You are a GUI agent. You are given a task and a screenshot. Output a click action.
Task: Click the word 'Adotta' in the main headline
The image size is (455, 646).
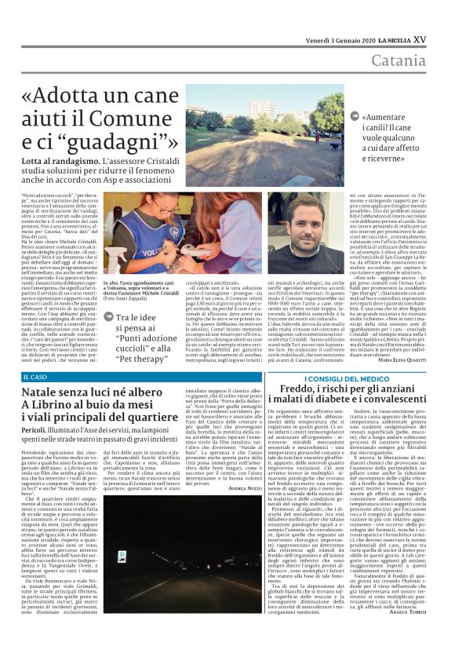click(x=88, y=96)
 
